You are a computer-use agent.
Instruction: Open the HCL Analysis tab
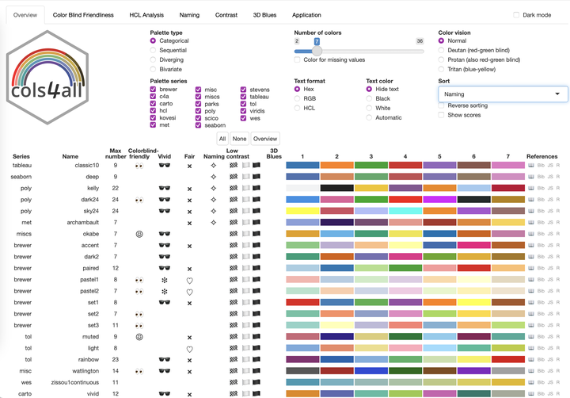pyautogui.click(x=142, y=15)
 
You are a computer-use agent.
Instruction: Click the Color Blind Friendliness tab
pyautogui.click(x=83, y=15)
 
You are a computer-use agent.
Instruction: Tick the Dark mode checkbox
pyautogui.click(x=517, y=15)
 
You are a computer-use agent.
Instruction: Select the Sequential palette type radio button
pyautogui.click(x=153, y=50)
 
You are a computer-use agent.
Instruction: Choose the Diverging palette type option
pyautogui.click(x=153, y=59)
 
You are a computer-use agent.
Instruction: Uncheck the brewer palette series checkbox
pyautogui.click(x=153, y=90)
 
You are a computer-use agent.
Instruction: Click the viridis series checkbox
pyautogui.click(x=243, y=111)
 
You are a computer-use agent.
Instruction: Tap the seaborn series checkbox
pyautogui.click(x=198, y=125)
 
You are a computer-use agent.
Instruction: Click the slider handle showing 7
pyautogui.click(x=317, y=50)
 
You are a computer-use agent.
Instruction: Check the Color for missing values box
pyautogui.click(x=298, y=59)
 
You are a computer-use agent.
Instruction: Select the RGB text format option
pyautogui.click(x=298, y=98)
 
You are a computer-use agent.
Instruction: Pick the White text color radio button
pyautogui.click(x=370, y=108)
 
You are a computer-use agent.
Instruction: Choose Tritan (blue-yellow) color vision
pyautogui.click(x=442, y=69)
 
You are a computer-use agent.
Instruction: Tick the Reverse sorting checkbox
pyautogui.click(x=442, y=105)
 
